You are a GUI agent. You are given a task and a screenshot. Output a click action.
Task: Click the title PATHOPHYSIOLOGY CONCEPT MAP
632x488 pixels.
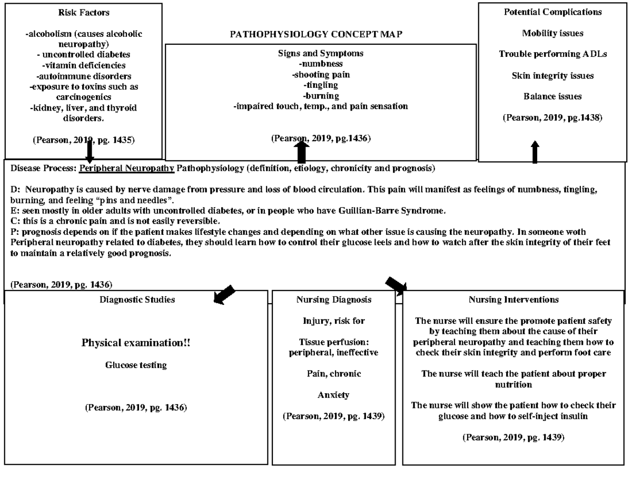coord(316,34)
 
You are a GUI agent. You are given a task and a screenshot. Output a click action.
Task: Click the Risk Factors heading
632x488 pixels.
coord(84,12)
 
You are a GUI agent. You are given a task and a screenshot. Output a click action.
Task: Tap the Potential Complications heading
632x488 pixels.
coord(552,12)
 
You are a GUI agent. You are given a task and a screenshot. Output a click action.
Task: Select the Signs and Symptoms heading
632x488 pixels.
coord(320,53)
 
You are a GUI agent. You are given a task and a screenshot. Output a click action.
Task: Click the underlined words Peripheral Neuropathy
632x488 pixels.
coord(126,168)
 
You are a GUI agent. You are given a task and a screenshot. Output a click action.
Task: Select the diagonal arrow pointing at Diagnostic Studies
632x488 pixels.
coord(224,294)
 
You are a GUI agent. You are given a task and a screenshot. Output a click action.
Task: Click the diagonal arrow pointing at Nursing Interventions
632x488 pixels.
coord(397,285)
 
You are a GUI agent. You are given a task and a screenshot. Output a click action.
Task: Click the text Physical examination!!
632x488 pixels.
coord(136,343)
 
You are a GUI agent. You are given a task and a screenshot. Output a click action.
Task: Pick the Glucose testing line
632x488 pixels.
coord(136,365)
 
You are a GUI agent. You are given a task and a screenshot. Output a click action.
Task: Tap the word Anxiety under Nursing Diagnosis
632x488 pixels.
coord(333,395)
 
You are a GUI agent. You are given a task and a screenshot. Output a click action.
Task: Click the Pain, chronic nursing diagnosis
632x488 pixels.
coord(333,374)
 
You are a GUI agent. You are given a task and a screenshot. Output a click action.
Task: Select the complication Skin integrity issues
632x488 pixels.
coord(552,76)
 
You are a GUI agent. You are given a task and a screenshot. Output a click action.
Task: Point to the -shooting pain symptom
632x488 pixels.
coord(320,74)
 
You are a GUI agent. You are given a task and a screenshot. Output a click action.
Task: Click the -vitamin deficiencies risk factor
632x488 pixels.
coord(84,65)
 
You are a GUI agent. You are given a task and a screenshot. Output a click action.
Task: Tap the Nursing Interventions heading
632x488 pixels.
coord(513,300)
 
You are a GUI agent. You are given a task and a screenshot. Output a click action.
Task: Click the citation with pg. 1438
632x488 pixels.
coord(552,118)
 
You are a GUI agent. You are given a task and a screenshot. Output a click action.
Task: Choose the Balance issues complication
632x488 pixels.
coord(552,96)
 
